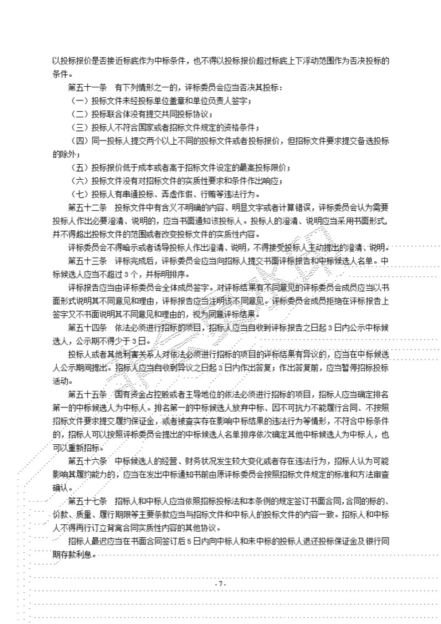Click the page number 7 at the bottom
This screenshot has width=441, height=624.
tap(220, 583)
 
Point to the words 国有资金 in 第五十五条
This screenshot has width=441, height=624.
tap(129, 394)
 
